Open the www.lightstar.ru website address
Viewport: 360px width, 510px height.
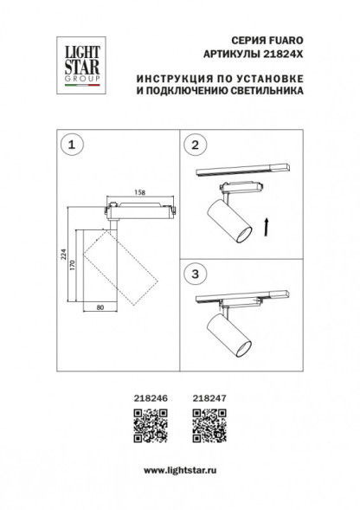pos(179,469)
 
